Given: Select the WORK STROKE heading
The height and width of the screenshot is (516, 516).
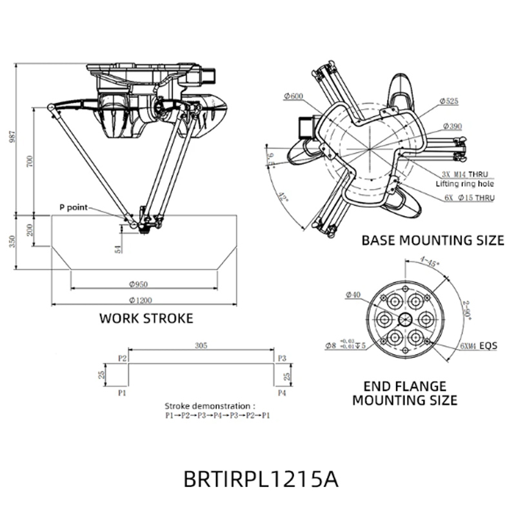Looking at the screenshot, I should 146,318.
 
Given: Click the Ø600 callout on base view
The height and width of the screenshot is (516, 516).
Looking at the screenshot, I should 293,96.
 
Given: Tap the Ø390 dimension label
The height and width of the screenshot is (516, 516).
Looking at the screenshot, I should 452,126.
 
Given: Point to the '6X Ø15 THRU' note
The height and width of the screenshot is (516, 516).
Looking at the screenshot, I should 468,198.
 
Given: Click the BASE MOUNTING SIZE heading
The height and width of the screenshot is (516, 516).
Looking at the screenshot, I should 432,240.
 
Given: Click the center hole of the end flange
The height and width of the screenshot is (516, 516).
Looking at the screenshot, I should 406,318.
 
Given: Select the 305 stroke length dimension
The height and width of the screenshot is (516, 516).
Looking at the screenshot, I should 201,346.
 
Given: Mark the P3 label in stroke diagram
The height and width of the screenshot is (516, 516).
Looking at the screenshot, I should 281,357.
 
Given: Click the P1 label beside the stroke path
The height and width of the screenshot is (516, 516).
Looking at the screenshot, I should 122,392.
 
